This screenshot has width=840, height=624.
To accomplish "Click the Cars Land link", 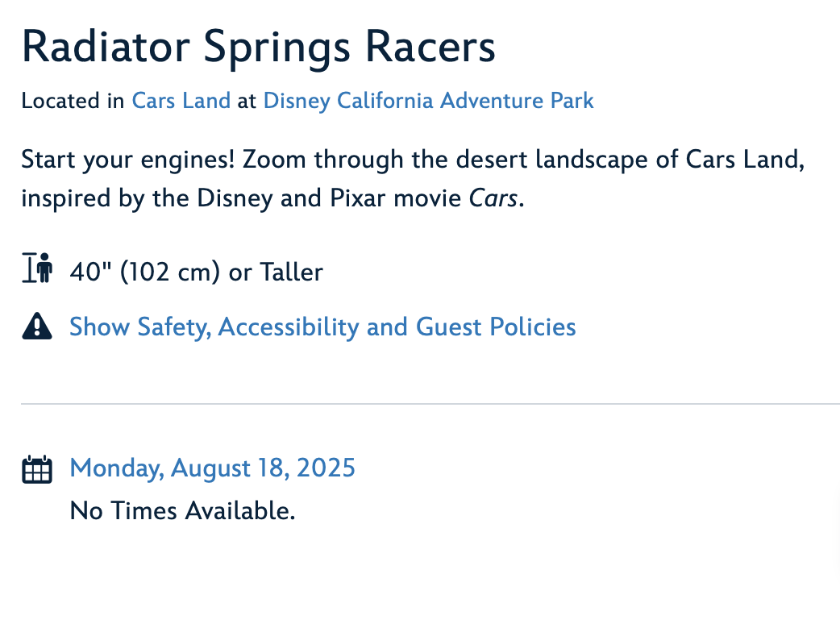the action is click(181, 101).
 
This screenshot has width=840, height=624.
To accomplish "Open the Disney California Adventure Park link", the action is click(429, 102).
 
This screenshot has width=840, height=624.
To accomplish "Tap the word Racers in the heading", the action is click(430, 47).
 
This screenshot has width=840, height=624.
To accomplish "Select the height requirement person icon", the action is click(37, 268).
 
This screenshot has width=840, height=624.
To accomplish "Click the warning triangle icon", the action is click(37, 326).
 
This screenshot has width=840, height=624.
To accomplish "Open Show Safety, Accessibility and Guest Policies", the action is click(322, 327).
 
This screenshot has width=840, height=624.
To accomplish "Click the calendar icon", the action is click(37, 469).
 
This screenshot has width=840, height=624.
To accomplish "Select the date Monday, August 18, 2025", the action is click(212, 468).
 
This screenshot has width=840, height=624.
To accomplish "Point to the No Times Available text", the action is click(183, 510).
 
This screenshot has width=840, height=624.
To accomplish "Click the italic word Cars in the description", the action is click(493, 198).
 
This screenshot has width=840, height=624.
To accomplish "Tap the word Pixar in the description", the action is click(357, 198).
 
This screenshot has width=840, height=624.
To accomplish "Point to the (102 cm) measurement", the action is click(170, 272).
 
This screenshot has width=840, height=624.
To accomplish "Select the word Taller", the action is click(292, 272).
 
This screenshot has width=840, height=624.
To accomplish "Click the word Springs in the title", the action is click(277, 49).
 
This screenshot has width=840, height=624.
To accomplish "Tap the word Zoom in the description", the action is click(274, 160).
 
